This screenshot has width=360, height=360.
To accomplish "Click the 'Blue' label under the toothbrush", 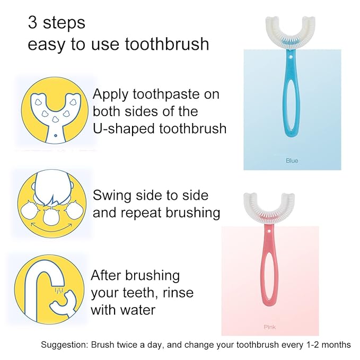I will (x=292, y=160).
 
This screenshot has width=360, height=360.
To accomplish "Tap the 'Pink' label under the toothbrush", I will (x=270, y=327).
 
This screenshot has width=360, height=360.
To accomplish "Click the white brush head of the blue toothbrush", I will (x=292, y=32).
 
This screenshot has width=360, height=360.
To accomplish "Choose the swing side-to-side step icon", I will (x=52, y=203).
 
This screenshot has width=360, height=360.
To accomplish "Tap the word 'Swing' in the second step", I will (x=112, y=196).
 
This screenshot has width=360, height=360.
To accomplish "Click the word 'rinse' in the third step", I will (x=179, y=292).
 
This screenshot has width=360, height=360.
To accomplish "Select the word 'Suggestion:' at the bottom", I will (x=65, y=345).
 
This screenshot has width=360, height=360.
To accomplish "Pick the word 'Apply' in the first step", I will (x=110, y=95).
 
